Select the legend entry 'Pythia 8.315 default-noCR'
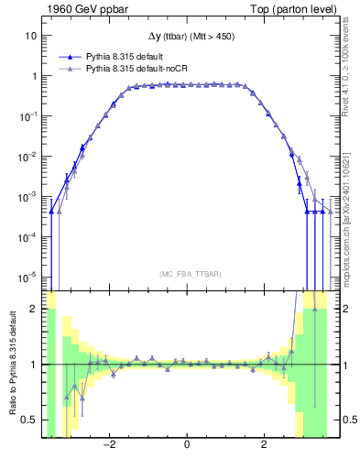[136, 69]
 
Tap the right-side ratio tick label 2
[344, 310]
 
